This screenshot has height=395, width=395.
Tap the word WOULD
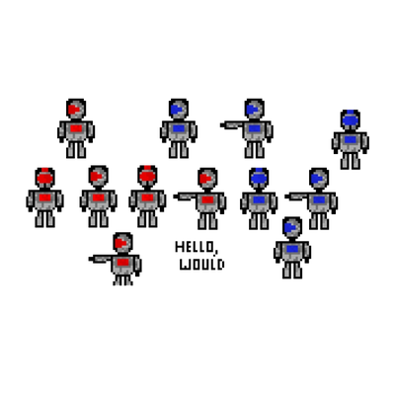(202, 265)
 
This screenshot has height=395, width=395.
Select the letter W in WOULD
(186, 265)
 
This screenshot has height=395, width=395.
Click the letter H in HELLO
(179, 247)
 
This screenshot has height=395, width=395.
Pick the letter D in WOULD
(221, 265)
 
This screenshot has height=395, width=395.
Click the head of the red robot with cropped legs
(122, 243)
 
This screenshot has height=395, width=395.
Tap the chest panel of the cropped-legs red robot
(122, 262)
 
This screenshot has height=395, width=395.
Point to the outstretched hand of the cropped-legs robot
(92, 259)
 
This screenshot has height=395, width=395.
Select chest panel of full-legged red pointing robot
(207, 199)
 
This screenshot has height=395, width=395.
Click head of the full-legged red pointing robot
(207, 178)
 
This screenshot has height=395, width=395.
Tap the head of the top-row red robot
(76, 109)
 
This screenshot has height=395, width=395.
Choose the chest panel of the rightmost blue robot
(351, 139)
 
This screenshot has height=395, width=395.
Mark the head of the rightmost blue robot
(351, 120)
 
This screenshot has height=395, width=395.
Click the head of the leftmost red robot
(45, 178)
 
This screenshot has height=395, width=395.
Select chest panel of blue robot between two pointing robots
(259, 199)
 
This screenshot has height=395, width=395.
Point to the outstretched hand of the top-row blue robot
(223, 125)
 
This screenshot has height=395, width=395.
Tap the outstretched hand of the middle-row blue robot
(288, 197)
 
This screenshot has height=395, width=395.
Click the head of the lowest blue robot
(292, 227)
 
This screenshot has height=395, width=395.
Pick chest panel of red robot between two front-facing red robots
(99, 197)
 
